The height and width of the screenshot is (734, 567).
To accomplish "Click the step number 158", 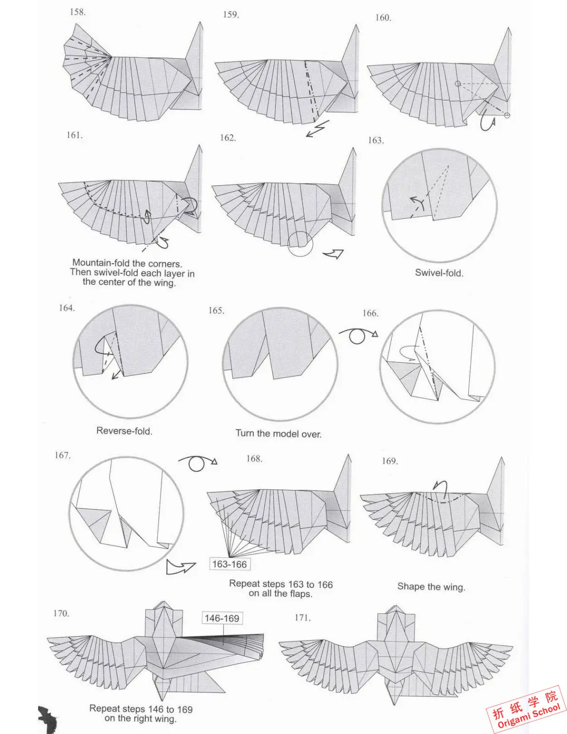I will (x=78, y=12).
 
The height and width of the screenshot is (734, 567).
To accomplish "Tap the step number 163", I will (x=376, y=140).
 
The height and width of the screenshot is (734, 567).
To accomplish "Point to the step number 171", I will (x=303, y=618).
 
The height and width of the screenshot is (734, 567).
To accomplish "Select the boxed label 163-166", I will (x=229, y=565).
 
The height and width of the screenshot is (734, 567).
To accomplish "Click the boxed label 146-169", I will (x=222, y=618).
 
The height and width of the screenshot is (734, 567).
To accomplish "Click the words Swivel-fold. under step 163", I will (x=439, y=273).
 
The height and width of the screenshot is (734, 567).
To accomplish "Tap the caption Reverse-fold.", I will (x=124, y=431).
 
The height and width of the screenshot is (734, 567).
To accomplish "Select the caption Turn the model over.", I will (x=278, y=434).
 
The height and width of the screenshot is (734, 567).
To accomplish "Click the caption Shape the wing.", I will (x=431, y=587).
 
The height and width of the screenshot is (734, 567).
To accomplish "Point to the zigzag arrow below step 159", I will (x=317, y=129).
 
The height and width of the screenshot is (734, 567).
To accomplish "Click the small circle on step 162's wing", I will (x=300, y=244).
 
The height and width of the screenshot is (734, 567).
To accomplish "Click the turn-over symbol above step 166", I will (x=358, y=335).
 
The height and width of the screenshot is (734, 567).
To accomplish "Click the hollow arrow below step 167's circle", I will (x=180, y=567).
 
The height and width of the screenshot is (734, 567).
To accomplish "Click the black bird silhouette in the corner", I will (x=48, y=718).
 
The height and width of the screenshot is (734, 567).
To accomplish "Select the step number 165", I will (x=216, y=311).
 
